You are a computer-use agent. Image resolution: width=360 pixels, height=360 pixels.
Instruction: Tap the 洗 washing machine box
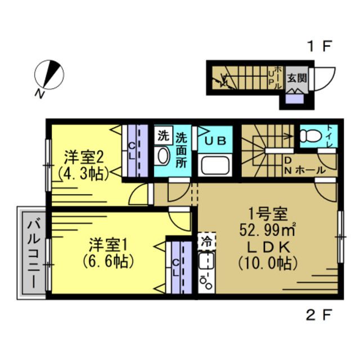tap(163, 136)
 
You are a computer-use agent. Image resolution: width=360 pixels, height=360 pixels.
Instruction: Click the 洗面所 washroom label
tap(181, 148)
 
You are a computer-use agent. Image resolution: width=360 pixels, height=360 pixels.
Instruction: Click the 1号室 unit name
tap(269, 214)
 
